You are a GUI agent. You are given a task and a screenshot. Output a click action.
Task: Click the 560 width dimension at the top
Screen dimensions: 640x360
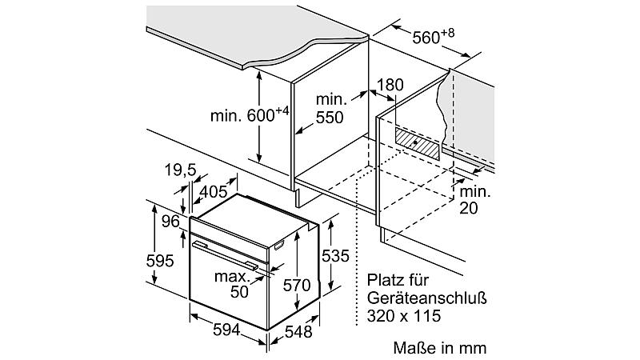[433, 36]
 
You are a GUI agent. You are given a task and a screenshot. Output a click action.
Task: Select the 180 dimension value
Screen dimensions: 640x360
[390, 85]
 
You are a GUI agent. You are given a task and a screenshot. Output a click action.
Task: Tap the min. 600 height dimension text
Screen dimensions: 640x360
[250, 114]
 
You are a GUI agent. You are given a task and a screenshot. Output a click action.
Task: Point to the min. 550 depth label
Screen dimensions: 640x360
[331, 109]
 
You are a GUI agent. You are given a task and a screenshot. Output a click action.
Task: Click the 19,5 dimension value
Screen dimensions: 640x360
[181, 170]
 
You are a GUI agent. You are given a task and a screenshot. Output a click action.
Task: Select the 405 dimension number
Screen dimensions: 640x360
[213, 191]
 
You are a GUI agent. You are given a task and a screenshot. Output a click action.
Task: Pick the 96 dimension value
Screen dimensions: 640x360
[170, 222]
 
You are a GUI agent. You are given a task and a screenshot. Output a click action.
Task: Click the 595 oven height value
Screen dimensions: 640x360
[160, 261]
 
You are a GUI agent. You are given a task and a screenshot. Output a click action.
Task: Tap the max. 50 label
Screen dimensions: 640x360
[232, 284]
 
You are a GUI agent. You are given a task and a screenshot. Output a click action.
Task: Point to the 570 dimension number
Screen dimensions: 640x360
[297, 285]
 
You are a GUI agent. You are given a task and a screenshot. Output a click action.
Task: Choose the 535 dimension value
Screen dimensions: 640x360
[335, 256]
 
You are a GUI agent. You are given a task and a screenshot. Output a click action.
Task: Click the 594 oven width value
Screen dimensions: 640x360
[226, 330]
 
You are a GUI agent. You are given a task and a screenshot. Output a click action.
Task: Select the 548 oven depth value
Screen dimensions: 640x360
[298, 332]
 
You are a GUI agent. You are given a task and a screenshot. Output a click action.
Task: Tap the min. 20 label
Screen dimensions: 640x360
[475, 200]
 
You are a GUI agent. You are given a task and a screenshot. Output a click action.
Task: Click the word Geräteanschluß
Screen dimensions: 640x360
[427, 298]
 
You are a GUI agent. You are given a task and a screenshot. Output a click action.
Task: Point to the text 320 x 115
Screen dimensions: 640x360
[404, 316]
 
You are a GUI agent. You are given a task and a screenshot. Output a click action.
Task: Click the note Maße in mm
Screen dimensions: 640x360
[440, 348]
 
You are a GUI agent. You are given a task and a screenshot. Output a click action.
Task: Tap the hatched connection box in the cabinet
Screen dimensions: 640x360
[417, 143]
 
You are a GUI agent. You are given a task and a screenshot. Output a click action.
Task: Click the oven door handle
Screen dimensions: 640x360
[226, 255]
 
